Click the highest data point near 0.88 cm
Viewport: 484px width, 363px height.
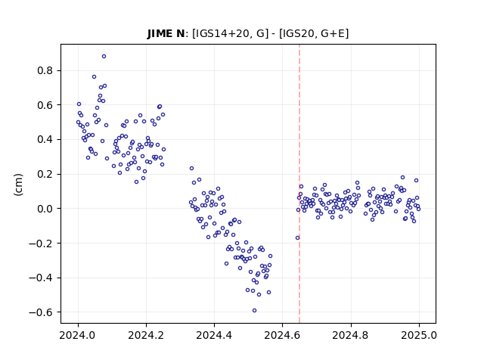(x=104, y=57)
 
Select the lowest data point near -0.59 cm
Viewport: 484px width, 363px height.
(x=254, y=311)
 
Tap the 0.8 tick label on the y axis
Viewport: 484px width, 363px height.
(x=45, y=70)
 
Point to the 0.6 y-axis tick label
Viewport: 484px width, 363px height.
(x=45, y=105)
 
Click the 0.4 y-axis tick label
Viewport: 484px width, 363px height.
(x=45, y=140)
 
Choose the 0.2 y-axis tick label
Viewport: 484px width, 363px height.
(x=45, y=175)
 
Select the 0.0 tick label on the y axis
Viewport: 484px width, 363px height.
(x=45, y=209)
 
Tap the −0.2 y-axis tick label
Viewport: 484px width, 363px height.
(x=41, y=244)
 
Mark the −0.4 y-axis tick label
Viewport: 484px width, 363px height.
(x=41, y=278)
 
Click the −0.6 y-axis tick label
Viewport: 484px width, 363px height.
(x=41, y=312)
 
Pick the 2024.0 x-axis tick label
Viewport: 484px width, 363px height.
(x=78, y=335)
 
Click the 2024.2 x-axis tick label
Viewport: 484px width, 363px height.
(x=146, y=335)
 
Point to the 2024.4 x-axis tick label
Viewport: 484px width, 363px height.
(x=214, y=335)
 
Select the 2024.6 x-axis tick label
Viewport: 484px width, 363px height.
(x=282, y=335)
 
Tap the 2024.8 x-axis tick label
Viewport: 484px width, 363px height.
(x=351, y=335)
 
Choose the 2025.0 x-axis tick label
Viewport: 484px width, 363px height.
(x=419, y=335)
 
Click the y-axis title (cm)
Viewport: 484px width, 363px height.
(x=18, y=185)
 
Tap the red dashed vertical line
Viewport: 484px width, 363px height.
(x=299, y=184)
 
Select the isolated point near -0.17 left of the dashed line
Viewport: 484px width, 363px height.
(x=297, y=238)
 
